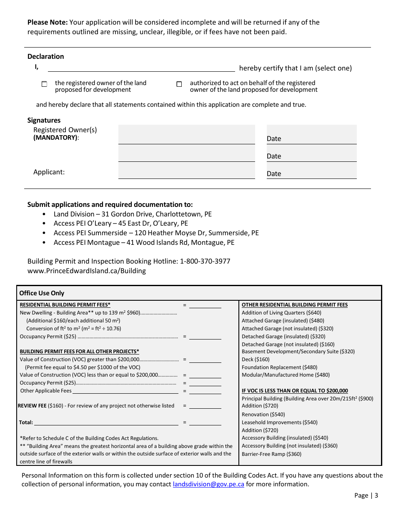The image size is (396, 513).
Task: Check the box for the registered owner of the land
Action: (x=45, y=84)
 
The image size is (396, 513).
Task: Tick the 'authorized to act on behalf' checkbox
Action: (x=179, y=84)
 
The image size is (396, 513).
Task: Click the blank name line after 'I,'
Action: (x=141, y=68)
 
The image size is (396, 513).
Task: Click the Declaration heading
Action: (x=46, y=56)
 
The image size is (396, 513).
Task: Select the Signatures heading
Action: (x=44, y=120)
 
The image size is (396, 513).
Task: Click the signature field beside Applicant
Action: (x=186, y=171)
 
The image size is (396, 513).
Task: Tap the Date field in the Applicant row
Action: (x=311, y=171)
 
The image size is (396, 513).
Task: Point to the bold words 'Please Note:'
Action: (x=47, y=22)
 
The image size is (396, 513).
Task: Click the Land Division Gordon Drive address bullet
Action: (x=133, y=214)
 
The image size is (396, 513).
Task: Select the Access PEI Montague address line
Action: (x=144, y=242)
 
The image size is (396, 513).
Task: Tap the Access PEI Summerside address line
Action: (x=156, y=233)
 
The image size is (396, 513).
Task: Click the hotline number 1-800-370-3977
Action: (x=205, y=261)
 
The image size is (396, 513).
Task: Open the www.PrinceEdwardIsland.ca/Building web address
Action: (x=87, y=271)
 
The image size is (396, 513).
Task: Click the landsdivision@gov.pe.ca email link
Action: (x=208, y=484)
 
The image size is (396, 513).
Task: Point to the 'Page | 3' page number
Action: (x=366, y=495)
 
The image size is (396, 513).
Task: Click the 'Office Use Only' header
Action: (x=42, y=293)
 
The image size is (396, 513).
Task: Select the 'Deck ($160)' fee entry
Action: (x=256, y=359)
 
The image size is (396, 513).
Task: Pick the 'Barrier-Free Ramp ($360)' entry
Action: (x=271, y=454)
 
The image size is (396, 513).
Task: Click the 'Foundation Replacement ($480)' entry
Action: (x=279, y=367)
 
